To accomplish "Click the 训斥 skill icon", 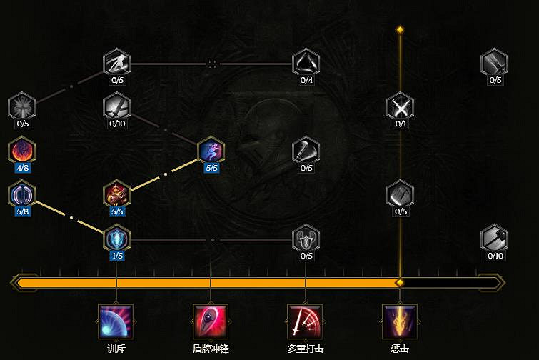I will pyautogui.click(x=116, y=321).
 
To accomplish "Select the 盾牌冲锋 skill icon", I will pyautogui.click(x=211, y=321).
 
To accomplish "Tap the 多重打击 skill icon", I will pyautogui.click(x=305, y=321).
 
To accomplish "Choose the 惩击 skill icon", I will pyautogui.click(x=400, y=321).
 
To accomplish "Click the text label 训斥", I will pyautogui.click(x=116, y=349).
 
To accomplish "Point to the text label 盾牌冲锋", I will pyautogui.click(x=211, y=349).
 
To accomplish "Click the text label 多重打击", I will pyautogui.click(x=305, y=349).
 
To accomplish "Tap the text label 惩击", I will pyautogui.click(x=400, y=349).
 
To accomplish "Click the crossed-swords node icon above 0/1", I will pyautogui.click(x=400, y=107).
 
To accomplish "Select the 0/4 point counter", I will pyautogui.click(x=306, y=80).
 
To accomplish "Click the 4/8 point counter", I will pyautogui.click(x=22, y=168).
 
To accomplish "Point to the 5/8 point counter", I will pyautogui.click(x=22, y=211).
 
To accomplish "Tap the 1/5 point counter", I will pyautogui.click(x=116, y=256).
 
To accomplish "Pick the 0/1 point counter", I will pyautogui.click(x=401, y=124).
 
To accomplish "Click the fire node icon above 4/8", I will pyautogui.click(x=22, y=151).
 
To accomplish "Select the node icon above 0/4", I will pyautogui.click(x=306, y=63).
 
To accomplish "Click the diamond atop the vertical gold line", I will pyautogui.click(x=400, y=30).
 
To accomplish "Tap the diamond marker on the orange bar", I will pyautogui.click(x=400, y=283).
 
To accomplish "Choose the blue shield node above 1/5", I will pyautogui.click(x=116, y=238).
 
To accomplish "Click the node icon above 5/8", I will pyautogui.click(x=22, y=194).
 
